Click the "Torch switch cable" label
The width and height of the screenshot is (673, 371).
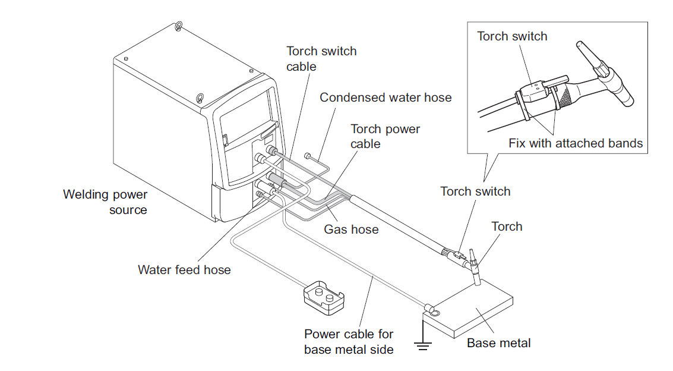[321, 59]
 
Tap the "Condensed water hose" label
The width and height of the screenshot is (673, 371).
[386, 98]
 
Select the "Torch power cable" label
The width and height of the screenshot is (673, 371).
[385, 136]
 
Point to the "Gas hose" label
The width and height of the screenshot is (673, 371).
[351, 229]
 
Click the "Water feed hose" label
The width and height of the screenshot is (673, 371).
[184, 269]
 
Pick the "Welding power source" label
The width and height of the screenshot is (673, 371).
[106, 202]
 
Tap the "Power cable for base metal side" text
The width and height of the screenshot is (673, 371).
[349, 342]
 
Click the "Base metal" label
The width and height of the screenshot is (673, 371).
[498, 342]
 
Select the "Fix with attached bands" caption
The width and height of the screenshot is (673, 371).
[576, 143]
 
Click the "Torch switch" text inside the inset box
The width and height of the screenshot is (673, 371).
[512, 36]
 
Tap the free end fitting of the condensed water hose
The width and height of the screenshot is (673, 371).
[307, 156]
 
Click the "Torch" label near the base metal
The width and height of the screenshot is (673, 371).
[507, 227]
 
